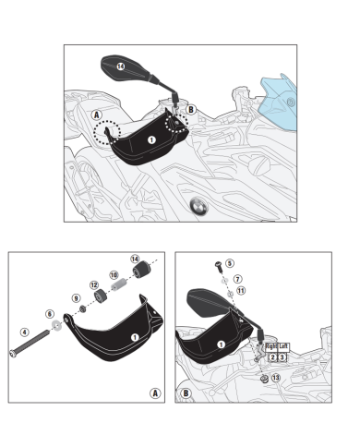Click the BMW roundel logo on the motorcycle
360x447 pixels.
click(x=198, y=206)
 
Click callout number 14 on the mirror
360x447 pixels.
click(x=121, y=66)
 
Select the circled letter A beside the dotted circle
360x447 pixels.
click(x=97, y=115)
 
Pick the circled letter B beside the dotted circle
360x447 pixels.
click(x=191, y=110)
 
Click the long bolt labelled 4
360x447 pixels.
click(x=30, y=344)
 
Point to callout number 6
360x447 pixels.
click(x=50, y=314)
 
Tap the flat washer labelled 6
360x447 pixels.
click(x=56, y=325)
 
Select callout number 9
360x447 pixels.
click(x=76, y=298)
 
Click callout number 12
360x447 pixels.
click(x=94, y=285)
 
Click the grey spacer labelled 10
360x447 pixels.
click(x=118, y=284)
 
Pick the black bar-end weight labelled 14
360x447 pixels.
click(x=141, y=270)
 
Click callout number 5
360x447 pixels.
click(x=230, y=263)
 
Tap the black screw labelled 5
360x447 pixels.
click(x=219, y=266)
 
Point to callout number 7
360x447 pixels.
click(x=237, y=279)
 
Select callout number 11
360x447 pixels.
click(x=241, y=291)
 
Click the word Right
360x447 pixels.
click(x=271, y=346)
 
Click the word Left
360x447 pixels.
click(x=283, y=346)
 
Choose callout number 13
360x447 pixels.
click(x=276, y=378)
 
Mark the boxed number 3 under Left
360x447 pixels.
click(x=282, y=357)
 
